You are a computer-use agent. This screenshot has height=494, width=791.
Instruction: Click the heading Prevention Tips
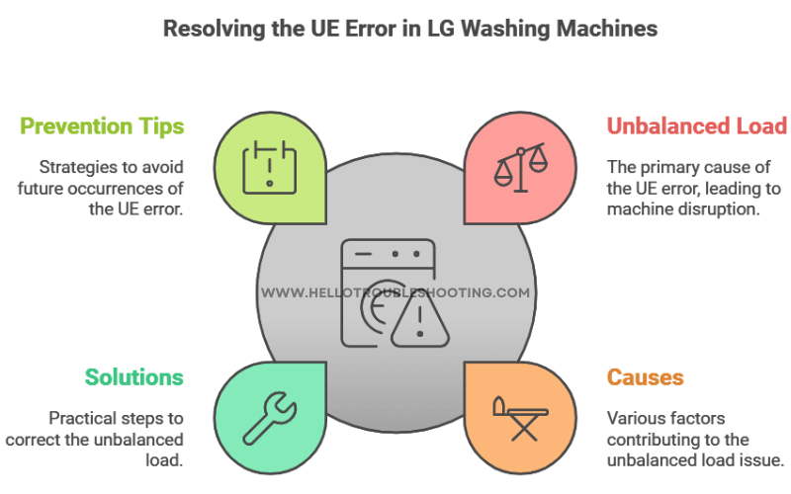click(x=102, y=126)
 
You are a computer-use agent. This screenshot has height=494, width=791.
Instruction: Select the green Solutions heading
click(x=133, y=377)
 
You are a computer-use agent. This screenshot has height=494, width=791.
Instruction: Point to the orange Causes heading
click(x=645, y=377)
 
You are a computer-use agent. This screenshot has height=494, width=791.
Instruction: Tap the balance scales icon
click(x=521, y=165)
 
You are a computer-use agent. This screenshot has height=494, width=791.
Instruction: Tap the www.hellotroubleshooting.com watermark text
click(x=395, y=293)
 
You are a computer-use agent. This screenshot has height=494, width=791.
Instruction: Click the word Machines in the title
click(x=603, y=28)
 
